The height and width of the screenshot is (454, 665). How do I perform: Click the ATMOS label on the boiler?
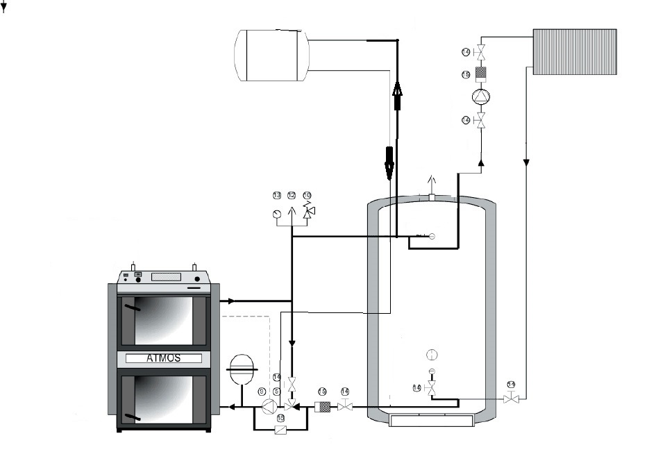(164, 359)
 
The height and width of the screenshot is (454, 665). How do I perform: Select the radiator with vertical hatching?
(574, 51)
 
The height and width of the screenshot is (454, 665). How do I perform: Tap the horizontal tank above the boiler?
(271, 55)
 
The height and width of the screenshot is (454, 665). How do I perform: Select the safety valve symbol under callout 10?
(309, 210)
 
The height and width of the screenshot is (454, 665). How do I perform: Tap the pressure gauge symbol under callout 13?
(277, 213)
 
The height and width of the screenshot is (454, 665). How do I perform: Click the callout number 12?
(292, 196)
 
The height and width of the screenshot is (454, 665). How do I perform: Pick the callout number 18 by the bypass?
(280, 419)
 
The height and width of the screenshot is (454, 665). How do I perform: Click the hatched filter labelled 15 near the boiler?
(323, 407)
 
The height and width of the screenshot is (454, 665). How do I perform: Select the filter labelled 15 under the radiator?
(480, 74)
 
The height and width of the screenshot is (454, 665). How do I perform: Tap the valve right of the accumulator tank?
(512, 398)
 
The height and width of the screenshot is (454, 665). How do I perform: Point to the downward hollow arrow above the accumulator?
(389, 161)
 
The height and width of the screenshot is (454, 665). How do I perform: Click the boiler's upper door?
(164, 320)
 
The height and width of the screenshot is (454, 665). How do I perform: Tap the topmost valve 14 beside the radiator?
(480, 52)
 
